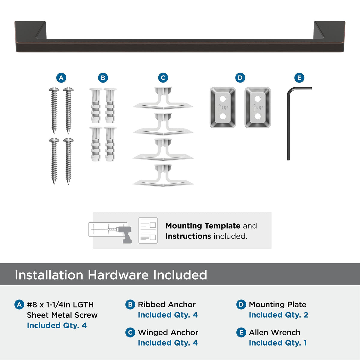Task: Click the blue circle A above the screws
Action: [61, 78]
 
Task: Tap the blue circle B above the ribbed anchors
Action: [103, 78]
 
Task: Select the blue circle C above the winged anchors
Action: [163, 78]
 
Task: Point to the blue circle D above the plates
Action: [240, 78]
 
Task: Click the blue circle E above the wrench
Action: [299, 78]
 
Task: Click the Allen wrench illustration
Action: [288, 123]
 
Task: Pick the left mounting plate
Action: [223, 108]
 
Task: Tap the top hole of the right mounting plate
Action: [258, 99]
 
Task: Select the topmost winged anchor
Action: [163, 98]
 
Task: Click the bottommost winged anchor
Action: [163, 175]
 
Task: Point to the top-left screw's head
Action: [54, 89]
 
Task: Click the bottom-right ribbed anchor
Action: [110, 144]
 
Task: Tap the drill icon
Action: [124, 235]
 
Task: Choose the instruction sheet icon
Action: [148, 230]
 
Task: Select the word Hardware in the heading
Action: [118, 275]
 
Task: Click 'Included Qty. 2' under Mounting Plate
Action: [278, 315]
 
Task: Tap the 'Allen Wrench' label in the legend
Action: [274, 332]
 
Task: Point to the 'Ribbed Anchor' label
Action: [166, 304]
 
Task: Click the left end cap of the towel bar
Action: [31, 36]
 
